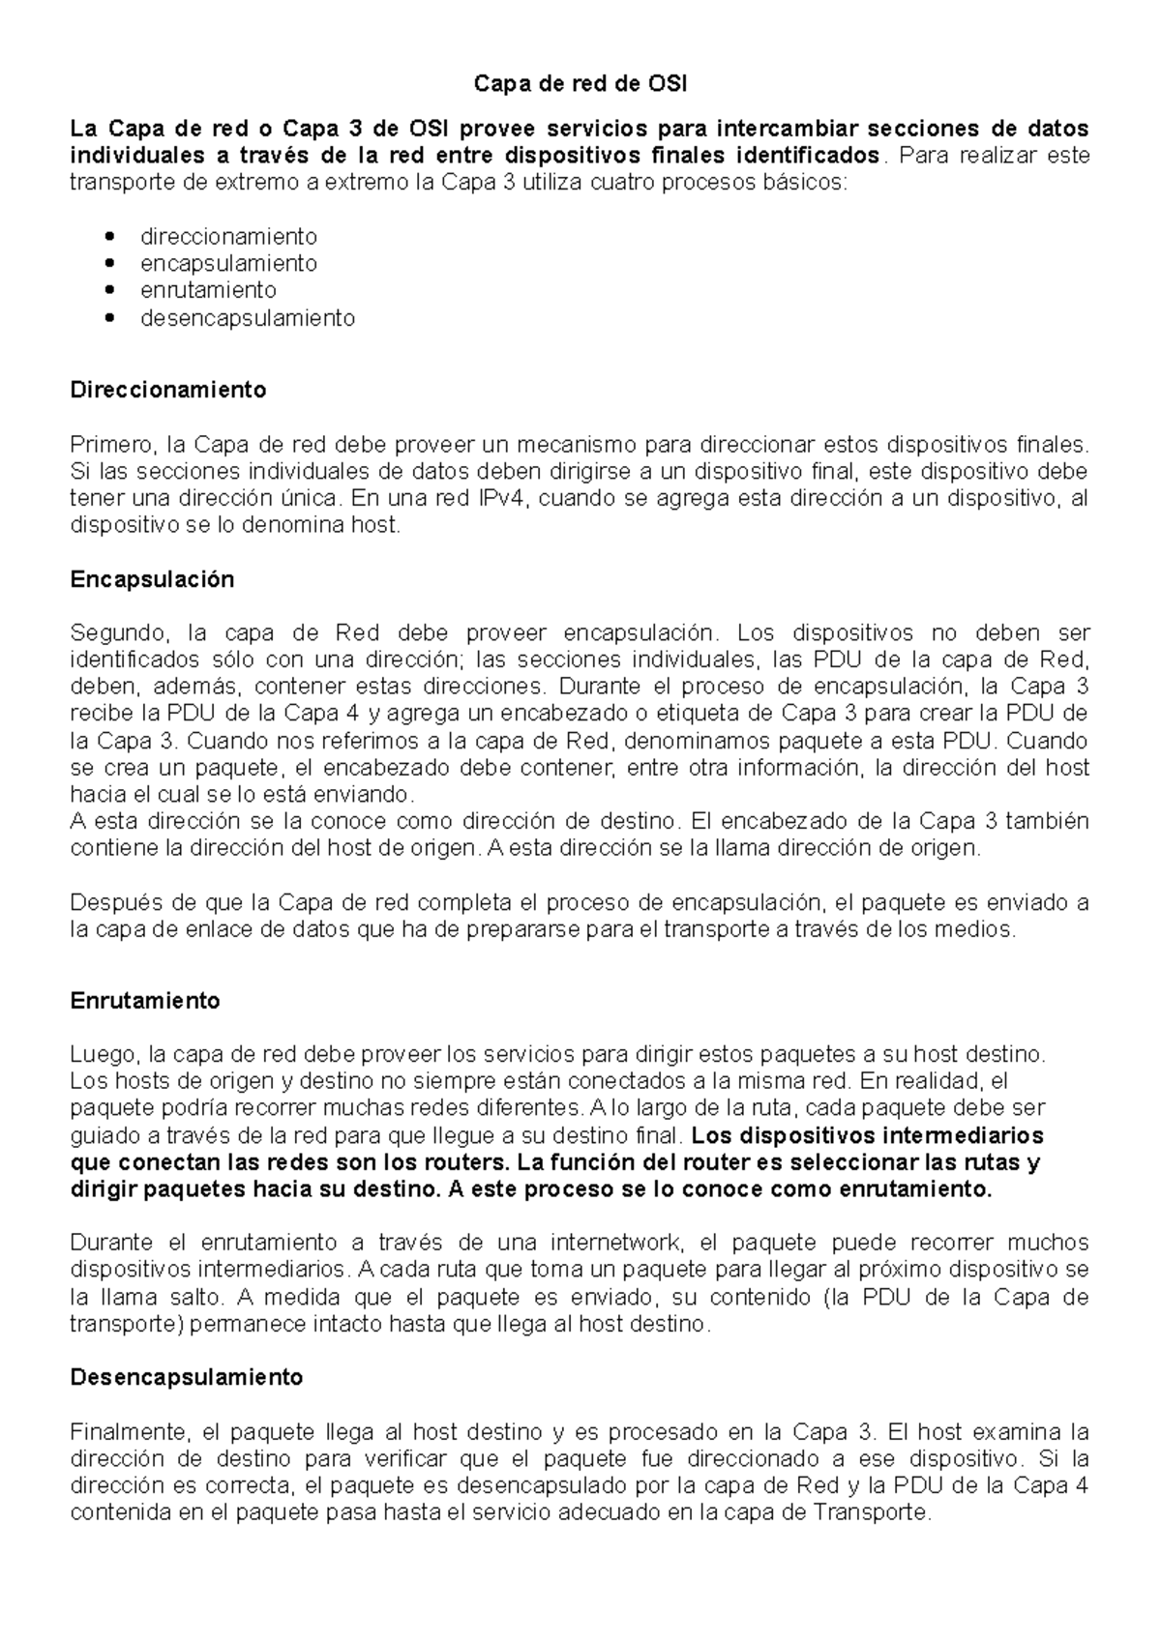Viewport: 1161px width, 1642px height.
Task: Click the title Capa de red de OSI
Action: [x=580, y=84]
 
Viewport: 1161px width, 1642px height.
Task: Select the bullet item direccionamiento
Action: [x=228, y=236]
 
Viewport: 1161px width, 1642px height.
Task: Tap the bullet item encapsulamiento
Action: [x=228, y=263]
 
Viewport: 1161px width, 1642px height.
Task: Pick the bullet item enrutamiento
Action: [x=208, y=290]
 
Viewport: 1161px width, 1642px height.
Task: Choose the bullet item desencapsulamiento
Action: [x=248, y=317]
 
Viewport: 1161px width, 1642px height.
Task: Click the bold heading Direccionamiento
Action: [x=168, y=390]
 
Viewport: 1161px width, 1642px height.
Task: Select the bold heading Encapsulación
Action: [x=153, y=579]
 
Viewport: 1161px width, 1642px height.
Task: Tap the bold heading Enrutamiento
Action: [x=145, y=1001]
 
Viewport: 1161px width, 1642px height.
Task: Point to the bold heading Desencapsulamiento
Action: [x=187, y=1377]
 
